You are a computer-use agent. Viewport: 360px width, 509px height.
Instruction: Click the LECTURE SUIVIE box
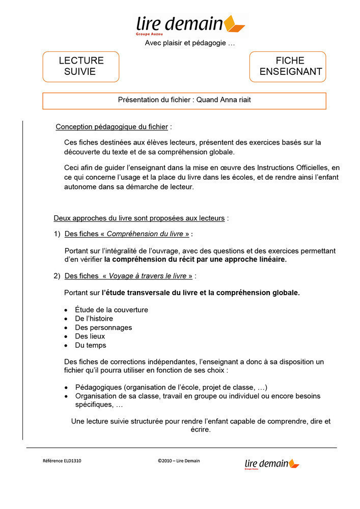point(80,66)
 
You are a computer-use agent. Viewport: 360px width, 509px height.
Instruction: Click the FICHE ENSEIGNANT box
point(287,66)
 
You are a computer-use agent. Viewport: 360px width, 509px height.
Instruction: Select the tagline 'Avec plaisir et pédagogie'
point(190,43)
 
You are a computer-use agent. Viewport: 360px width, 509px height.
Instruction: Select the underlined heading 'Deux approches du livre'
point(139,218)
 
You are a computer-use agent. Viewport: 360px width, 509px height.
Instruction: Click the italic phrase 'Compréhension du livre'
point(145,234)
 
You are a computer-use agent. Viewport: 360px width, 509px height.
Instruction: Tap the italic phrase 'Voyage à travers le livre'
point(148,276)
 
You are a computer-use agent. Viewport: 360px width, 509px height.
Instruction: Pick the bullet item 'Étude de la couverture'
point(112,309)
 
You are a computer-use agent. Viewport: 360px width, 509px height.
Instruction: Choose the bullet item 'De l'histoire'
point(94,319)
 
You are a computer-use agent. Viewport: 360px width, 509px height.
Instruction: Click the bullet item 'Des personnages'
point(103,327)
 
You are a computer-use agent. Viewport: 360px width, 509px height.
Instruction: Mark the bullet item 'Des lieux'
point(90,336)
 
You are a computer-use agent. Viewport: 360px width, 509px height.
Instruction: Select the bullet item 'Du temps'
point(91,345)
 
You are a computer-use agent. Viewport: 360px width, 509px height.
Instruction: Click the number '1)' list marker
point(57,234)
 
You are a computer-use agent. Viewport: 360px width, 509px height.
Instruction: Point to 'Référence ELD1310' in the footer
point(62,461)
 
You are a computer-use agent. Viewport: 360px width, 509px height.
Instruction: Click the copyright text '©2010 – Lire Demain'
point(179,461)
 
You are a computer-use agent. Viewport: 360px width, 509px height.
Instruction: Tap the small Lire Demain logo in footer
point(271,463)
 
